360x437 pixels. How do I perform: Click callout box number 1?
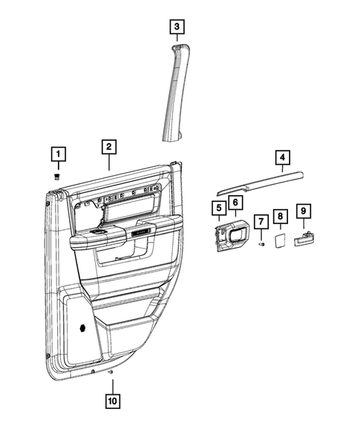(57, 155)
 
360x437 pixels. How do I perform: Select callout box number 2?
(108, 148)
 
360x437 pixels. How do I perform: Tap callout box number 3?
(176, 27)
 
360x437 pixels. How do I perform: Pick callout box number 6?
(235, 202)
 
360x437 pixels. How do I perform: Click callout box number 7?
(261, 221)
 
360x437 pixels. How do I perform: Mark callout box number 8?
(280, 216)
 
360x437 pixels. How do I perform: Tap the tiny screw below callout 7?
(261, 244)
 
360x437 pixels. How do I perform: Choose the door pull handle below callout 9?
(304, 239)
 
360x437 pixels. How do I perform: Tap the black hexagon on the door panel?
(82, 326)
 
